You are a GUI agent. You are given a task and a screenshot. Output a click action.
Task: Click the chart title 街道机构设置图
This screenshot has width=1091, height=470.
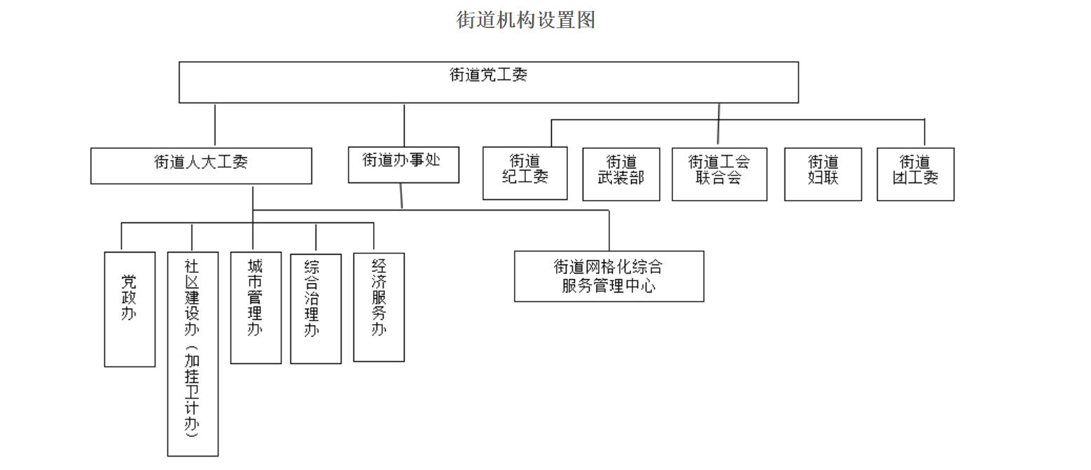point(526,20)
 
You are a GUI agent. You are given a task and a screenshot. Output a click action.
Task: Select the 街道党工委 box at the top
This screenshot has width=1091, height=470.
point(488,83)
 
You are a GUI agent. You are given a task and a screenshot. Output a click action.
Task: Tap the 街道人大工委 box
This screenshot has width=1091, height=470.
point(201,166)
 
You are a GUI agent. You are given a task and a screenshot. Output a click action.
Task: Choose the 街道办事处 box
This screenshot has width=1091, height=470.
point(403,165)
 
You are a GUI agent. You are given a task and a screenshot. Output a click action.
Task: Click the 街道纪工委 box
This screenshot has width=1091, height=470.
point(524,173)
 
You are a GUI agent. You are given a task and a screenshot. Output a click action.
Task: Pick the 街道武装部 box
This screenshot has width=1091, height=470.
point(621,174)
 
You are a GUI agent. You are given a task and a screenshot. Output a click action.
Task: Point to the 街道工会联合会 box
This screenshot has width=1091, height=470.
point(719,174)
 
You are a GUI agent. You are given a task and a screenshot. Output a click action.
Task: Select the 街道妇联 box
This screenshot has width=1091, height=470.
point(822,174)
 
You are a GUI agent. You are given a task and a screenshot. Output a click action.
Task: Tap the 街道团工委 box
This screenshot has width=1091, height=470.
point(915,174)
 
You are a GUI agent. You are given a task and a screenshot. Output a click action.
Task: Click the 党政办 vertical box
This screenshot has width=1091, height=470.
point(130,309)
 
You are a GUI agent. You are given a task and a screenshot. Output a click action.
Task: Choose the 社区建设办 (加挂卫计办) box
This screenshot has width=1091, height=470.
point(193,354)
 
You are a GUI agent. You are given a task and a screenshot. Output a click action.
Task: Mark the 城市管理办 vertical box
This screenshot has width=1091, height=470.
point(256,307)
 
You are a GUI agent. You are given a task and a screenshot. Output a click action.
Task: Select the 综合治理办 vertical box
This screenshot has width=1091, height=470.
point(316,309)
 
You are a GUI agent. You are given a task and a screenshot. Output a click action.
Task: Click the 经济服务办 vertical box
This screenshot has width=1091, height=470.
point(379,307)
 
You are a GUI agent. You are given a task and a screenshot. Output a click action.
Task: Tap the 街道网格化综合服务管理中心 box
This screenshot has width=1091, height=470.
point(609,276)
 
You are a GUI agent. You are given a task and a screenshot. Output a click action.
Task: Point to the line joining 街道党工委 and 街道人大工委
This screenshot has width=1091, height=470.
point(215,125)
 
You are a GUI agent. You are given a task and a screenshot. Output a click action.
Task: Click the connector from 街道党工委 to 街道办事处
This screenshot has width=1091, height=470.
point(404,125)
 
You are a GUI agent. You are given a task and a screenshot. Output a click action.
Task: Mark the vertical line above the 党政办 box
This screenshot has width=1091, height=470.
point(121,237)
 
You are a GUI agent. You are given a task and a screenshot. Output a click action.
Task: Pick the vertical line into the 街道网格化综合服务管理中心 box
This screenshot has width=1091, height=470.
point(609,230)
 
